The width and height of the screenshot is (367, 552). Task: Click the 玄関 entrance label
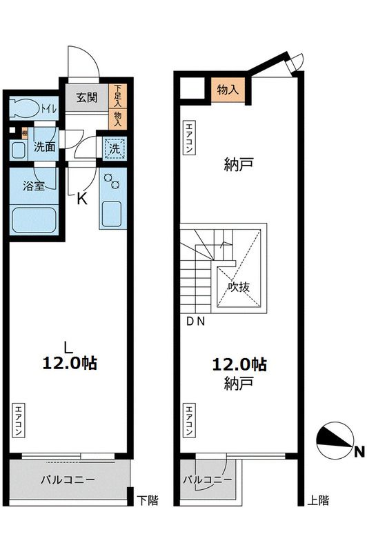point(86,97)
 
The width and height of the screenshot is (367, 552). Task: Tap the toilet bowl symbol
point(26,108)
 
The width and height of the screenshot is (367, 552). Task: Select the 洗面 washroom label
point(46,146)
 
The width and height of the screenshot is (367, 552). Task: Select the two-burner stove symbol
point(112,183)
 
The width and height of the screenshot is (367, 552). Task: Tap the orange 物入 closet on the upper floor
point(228,90)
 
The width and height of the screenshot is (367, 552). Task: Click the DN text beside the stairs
point(196,321)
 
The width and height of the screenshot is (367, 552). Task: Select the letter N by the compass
point(358,452)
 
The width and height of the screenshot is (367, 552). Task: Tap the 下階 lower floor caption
point(147,500)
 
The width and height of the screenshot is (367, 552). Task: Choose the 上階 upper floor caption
point(318,500)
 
